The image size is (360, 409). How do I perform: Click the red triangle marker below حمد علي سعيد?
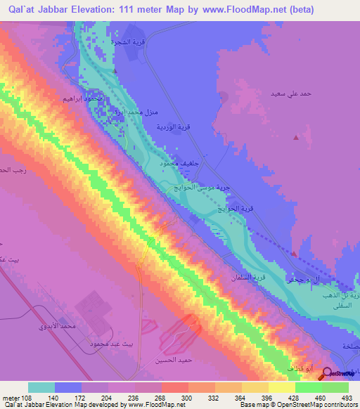point(296,138)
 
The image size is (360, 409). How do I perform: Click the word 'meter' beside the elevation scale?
point(12,397)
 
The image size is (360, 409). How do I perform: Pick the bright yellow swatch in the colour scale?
point(282,387)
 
